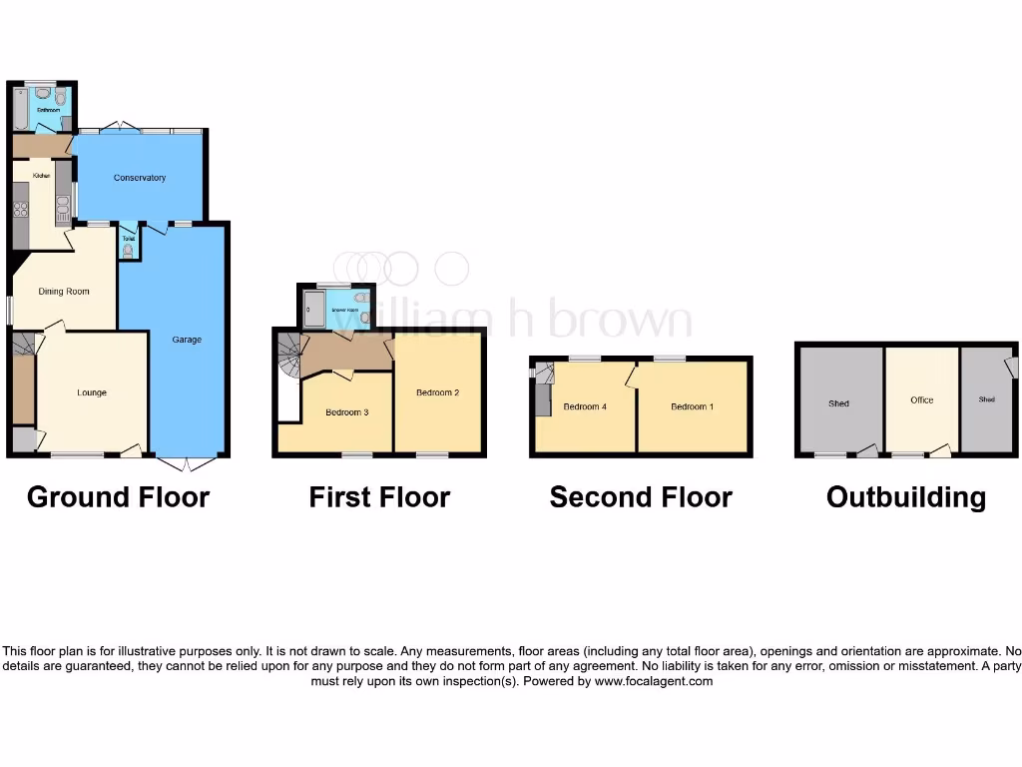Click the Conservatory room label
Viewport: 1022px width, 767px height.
pos(140,178)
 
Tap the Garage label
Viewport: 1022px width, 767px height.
pos(187,340)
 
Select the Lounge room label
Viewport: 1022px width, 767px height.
pos(92,392)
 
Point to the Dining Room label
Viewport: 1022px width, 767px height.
pos(64,292)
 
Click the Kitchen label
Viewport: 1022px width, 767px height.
pos(41,176)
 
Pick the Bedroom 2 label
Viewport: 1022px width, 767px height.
pos(437,392)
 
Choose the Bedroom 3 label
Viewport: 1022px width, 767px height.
pos(347,411)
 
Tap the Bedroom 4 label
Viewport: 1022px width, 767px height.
pos(585,406)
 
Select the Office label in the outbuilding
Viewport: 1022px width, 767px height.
pos(921,399)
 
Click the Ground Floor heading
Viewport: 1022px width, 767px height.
pos(118,497)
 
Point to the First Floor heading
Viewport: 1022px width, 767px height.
pos(379,497)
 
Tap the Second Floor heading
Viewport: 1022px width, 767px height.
pos(641,497)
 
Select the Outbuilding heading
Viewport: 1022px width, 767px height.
pos(906,497)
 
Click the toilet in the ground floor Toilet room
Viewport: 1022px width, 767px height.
pos(127,253)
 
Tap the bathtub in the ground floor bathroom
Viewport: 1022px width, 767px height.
pos(20,110)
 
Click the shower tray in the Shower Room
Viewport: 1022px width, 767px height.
pos(313,309)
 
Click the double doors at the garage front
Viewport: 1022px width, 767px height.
pos(187,463)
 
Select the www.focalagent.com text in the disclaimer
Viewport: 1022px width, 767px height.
pos(654,681)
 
